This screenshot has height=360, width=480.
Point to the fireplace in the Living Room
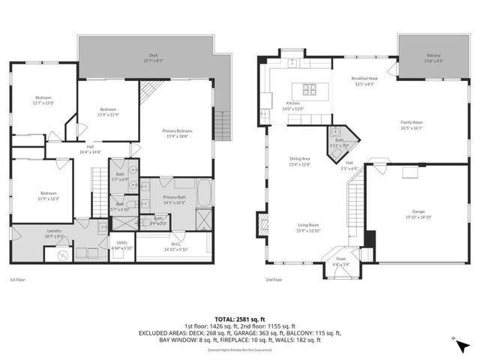click(x=262, y=223)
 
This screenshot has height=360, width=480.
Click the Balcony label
click(x=433, y=58)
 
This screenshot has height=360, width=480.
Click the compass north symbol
click(x=455, y=341)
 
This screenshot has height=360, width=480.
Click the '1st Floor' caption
click(x=19, y=279)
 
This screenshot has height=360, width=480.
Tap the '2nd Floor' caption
click(x=273, y=279)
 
